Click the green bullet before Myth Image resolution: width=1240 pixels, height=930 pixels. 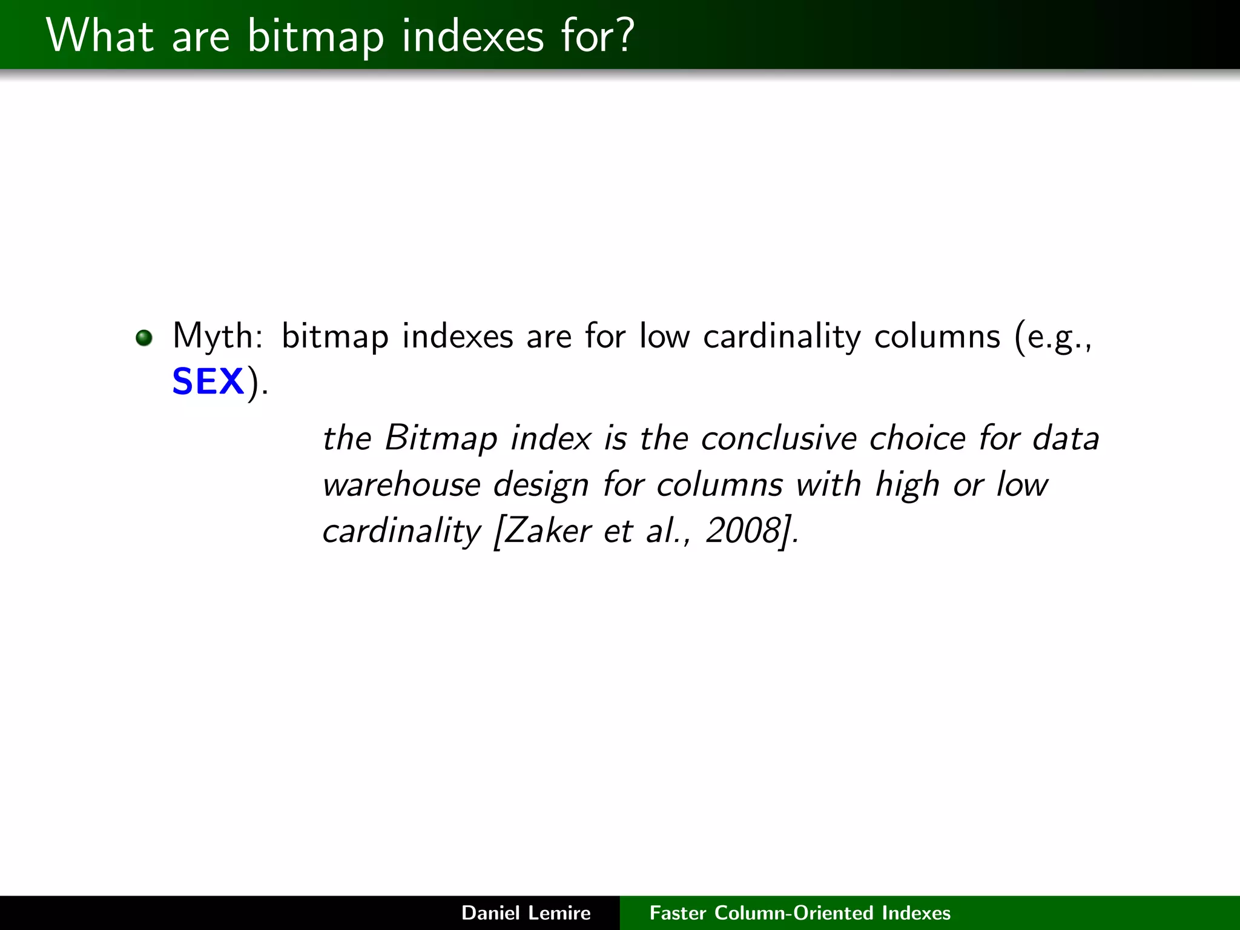144,337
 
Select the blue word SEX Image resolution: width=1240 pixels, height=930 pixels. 208,382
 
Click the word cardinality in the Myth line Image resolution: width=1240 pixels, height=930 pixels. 782,337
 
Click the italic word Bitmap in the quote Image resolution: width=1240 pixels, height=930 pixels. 441,438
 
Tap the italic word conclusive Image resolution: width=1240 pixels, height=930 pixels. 779,438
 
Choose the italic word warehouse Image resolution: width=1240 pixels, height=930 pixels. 401,484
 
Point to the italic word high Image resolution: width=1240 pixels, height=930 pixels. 907,484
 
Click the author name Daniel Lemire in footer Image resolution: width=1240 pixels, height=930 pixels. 526,913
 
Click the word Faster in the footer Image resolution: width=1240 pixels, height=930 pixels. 678,913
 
